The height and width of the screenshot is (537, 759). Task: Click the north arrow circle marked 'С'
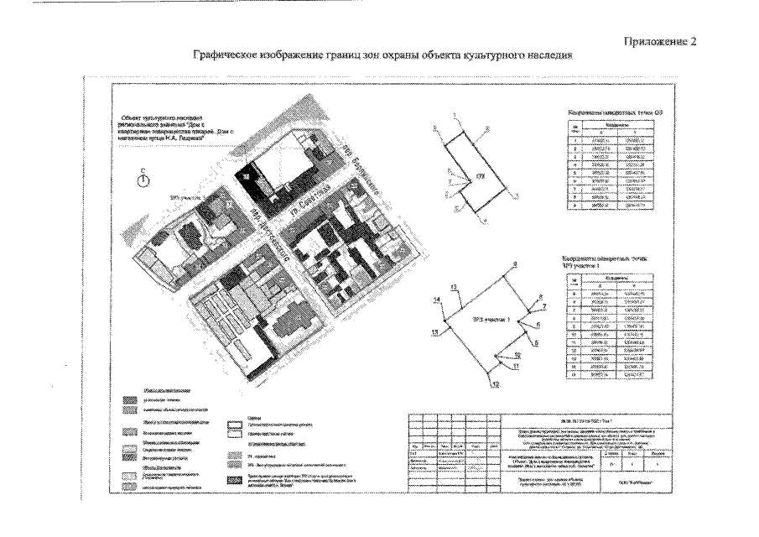click(x=143, y=182)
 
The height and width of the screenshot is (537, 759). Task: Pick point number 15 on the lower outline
click(x=454, y=288)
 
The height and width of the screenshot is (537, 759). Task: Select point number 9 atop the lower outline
click(x=514, y=265)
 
